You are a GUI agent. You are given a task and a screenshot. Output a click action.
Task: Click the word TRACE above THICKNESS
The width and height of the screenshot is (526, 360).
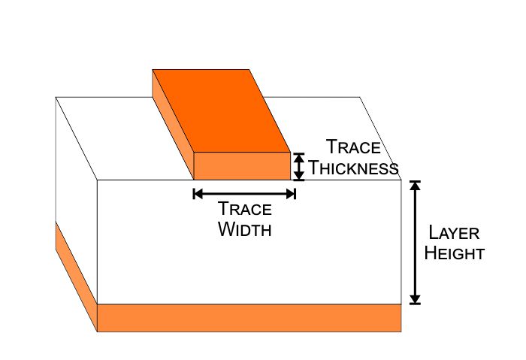[x=353, y=147]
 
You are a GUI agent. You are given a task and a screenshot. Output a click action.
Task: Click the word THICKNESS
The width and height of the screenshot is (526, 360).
[x=353, y=168]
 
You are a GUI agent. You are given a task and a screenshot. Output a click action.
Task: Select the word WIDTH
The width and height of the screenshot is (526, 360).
[x=244, y=229]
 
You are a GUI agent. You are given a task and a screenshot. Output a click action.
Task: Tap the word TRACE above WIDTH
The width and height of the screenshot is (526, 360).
[x=244, y=210]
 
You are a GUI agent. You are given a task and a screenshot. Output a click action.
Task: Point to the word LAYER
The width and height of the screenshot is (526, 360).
[x=454, y=233]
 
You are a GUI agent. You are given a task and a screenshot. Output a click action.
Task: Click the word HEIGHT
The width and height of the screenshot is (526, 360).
[x=454, y=253]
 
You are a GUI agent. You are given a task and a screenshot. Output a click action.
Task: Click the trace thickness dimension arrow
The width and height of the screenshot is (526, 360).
[x=299, y=166]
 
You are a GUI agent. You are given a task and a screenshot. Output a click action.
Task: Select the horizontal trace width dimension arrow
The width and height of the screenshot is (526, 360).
[x=244, y=193]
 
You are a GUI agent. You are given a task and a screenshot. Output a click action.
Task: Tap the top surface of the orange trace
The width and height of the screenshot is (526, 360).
[x=222, y=109]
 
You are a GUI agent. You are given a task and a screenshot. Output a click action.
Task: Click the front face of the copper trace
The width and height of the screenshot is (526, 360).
[x=242, y=166]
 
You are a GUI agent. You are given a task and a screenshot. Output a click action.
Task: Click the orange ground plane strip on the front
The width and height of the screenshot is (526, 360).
[x=249, y=317]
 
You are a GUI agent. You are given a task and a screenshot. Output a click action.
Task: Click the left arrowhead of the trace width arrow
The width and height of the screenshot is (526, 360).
[x=198, y=193]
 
